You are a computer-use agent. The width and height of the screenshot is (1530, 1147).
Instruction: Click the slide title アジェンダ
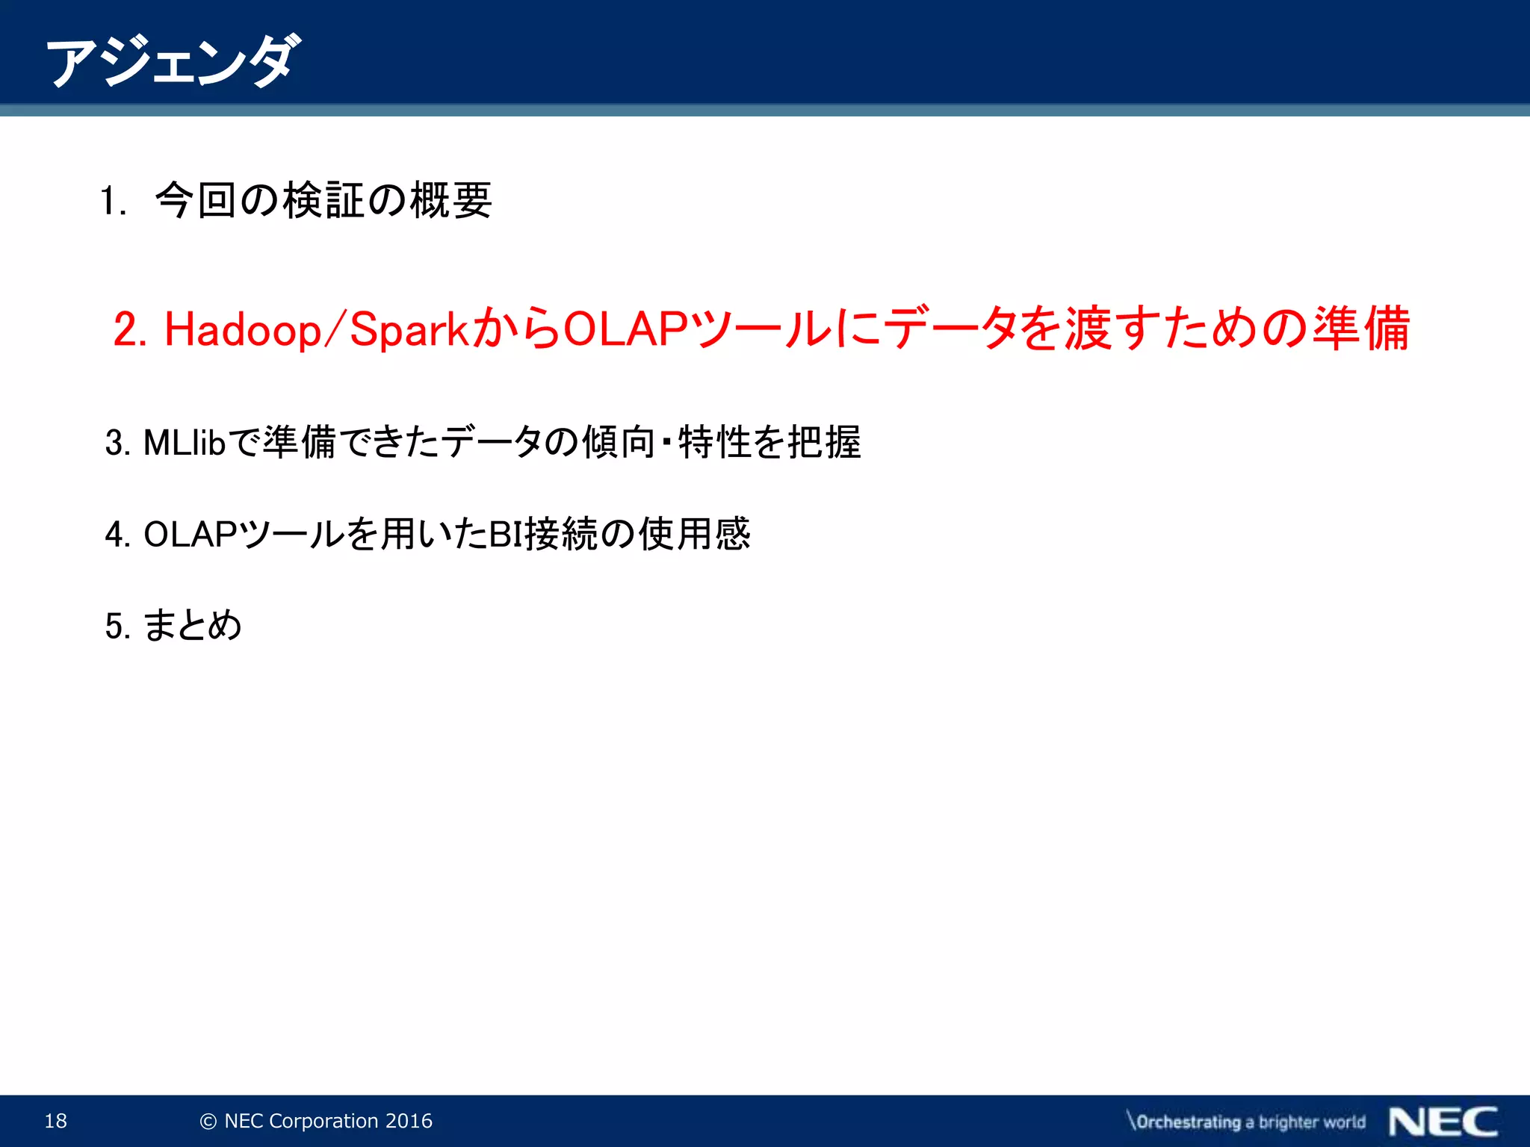pos(173,61)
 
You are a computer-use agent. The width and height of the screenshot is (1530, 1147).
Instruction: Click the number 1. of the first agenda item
pos(113,202)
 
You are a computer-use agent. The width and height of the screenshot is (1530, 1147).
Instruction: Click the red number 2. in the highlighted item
pos(130,329)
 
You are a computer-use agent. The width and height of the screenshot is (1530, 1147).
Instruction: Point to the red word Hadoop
pos(242,329)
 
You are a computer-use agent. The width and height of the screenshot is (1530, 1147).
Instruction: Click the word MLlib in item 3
pos(184,443)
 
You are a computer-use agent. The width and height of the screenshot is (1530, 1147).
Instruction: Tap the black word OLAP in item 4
pos(190,535)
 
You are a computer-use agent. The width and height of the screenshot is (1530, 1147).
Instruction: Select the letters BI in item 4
pos(505,535)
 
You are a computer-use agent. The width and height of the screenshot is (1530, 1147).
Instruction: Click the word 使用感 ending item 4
pos(694,534)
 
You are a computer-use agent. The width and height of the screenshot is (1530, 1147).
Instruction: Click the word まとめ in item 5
pos(192,625)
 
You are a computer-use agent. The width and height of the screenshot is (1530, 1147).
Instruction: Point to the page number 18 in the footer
pos(56,1121)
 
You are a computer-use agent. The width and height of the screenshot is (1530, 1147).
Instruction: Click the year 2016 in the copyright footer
pos(409,1121)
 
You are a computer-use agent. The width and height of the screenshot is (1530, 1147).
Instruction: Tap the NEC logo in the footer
pos(1443,1122)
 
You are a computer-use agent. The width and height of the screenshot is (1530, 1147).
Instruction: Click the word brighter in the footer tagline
pos(1289,1122)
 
